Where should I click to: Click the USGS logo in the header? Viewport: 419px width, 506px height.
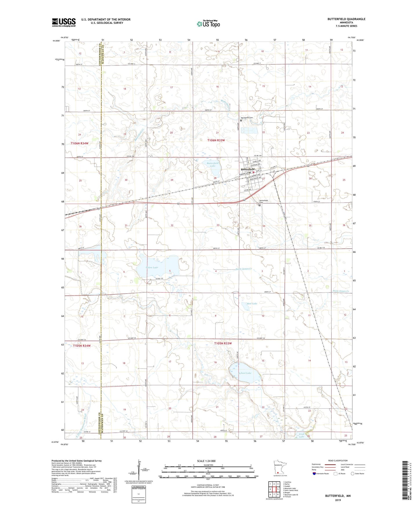point(64,22)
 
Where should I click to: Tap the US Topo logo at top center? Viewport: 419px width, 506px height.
point(208,24)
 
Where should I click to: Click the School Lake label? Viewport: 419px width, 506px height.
point(245,373)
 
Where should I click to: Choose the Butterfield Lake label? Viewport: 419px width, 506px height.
point(213,164)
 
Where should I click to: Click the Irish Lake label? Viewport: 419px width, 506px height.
point(302,435)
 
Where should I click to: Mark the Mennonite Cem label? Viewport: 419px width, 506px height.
point(247,118)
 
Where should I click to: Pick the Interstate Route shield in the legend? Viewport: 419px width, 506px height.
point(315,474)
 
